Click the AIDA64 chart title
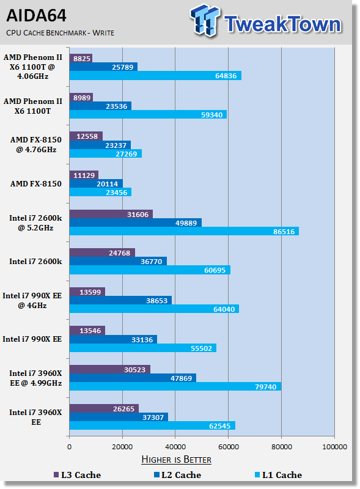36,16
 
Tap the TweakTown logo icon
205,20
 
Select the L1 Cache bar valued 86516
184,232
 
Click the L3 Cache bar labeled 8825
81,58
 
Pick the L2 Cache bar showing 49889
136,222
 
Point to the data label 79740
266,387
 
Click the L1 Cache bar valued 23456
100,192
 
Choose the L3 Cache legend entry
78,475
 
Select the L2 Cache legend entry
177,475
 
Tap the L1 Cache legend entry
278,475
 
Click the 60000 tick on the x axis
229,447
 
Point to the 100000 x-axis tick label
334,447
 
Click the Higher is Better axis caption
176,460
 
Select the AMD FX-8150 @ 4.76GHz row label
36,145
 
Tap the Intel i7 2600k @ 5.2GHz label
35,223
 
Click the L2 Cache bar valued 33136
113,339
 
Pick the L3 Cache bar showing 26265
104,408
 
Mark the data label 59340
212,115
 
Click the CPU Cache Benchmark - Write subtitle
61,33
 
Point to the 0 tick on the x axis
69,447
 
